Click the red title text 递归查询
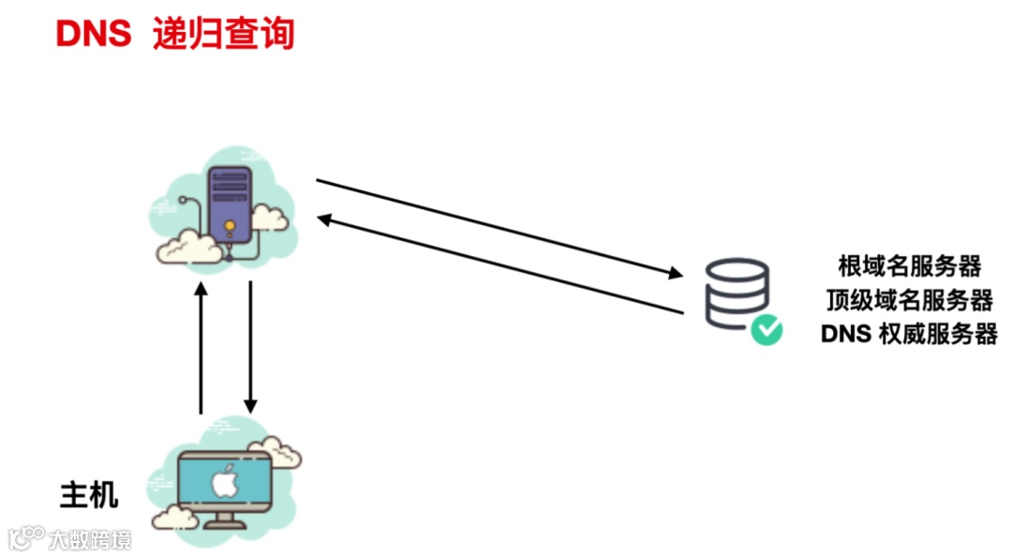(x=223, y=34)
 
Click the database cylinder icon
(x=736, y=293)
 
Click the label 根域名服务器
(x=909, y=266)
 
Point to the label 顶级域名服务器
(x=909, y=300)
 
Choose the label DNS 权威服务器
(x=909, y=334)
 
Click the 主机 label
(x=89, y=494)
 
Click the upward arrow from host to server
(x=200, y=347)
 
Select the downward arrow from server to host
(x=250, y=347)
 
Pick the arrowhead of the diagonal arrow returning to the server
(x=324, y=219)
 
